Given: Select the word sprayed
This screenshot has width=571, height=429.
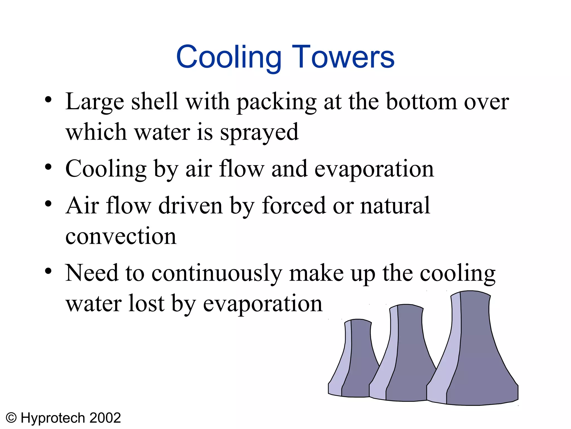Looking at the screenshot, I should (259, 132).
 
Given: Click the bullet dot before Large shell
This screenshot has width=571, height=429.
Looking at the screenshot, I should (48, 100).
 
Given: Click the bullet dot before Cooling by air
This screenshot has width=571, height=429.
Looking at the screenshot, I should (48, 167).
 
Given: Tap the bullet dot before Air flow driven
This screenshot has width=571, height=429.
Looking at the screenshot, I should (48, 204).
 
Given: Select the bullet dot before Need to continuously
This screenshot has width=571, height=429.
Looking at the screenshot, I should (48, 271).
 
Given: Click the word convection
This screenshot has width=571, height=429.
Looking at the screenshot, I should (121, 236).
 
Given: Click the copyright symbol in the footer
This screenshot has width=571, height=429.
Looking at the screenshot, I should (11, 418).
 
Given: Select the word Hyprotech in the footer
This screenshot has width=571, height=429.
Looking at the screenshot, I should (53, 418).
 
